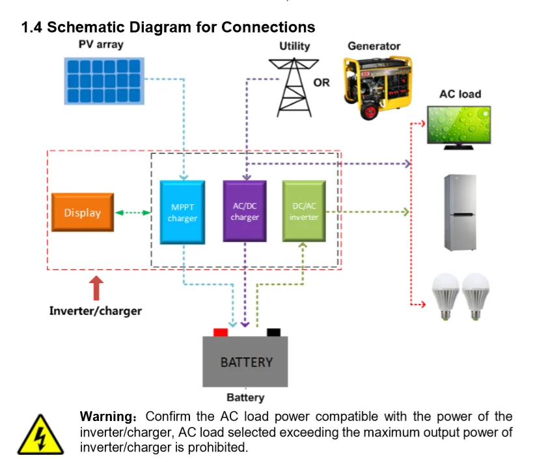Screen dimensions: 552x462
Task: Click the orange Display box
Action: (83, 212)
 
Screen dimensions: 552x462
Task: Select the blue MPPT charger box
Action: (182, 212)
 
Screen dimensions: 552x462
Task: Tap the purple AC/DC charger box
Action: (245, 211)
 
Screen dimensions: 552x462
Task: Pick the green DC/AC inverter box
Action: (304, 211)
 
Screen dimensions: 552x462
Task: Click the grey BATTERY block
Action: (245, 362)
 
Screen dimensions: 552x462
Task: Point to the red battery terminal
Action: (221, 333)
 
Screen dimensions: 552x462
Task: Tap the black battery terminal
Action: (273, 333)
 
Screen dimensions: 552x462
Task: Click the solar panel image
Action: (104, 81)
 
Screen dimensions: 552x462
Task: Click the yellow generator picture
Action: (378, 87)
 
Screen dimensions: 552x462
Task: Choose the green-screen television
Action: (459, 128)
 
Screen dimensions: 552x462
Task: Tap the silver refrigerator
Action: (460, 213)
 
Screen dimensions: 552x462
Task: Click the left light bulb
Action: (446, 296)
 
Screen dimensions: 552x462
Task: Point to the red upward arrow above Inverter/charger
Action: (96, 288)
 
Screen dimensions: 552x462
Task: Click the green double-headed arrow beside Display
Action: (133, 213)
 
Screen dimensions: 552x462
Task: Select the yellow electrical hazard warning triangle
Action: (41, 435)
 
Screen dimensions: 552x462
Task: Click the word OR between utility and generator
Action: (322, 83)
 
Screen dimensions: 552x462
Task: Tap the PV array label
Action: (101, 45)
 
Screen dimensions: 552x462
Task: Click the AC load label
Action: (460, 94)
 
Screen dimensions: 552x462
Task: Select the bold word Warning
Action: (106, 416)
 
